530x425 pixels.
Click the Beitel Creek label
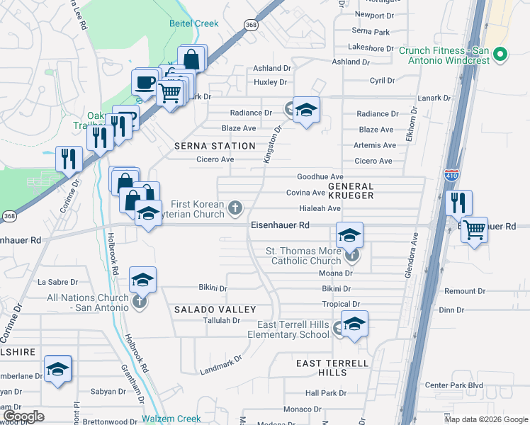(193, 23)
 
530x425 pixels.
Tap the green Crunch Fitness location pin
(500, 55)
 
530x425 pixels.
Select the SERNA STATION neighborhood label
(214, 146)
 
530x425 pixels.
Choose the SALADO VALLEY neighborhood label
(215, 310)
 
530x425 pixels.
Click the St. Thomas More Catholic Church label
(303, 256)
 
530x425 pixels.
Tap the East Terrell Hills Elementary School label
(293, 329)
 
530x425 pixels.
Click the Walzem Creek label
(171, 419)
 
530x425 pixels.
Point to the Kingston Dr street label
(273, 144)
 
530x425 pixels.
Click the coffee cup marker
(145, 82)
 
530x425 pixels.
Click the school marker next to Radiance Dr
(306, 110)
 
